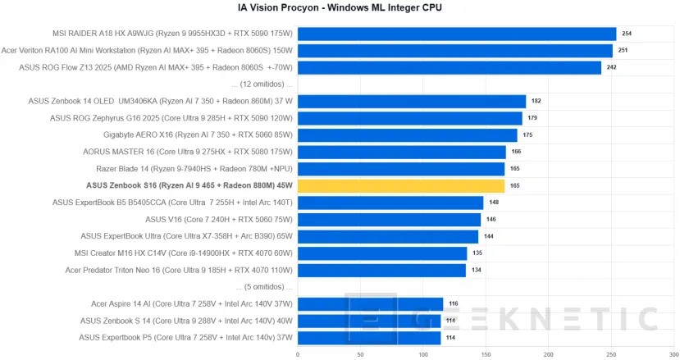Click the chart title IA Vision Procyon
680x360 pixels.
coord(340,8)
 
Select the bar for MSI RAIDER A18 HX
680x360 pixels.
coord(457,34)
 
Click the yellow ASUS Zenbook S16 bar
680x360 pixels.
coord(401,185)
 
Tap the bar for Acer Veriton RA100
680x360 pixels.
coord(455,51)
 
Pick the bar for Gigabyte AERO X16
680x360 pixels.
coord(408,135)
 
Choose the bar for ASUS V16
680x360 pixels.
coord(389,220)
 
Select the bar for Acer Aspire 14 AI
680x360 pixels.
coord(370,303)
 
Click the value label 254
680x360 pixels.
coord(628,34)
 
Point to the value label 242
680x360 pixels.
coord(612,67)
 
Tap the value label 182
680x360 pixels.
coord(537,102)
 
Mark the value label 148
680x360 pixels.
coord(494,203)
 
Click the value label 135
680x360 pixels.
coord(477,253)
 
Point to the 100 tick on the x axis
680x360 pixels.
coord(423,354)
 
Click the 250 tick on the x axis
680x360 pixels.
coord(612,354)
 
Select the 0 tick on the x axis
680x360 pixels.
coord(298,354)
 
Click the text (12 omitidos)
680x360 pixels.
coord(262,84)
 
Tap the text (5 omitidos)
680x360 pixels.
coord(263,287)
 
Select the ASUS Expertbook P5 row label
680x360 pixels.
coord(185,337)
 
